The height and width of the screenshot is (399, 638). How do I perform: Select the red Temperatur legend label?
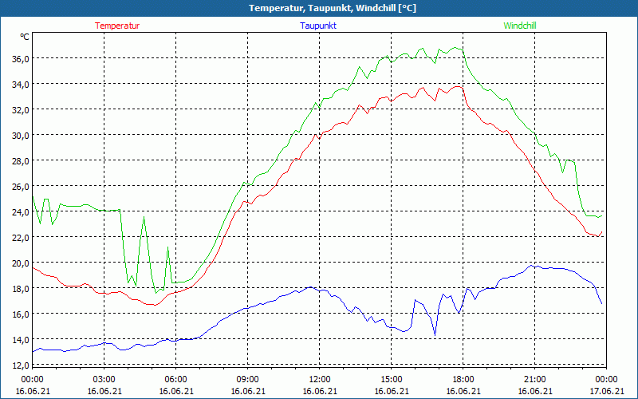pos(117,26)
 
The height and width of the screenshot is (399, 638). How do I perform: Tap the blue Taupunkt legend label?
pos(318,26)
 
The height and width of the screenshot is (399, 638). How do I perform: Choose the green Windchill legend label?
pos(519,26)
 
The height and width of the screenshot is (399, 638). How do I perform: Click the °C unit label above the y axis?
pos(26,37)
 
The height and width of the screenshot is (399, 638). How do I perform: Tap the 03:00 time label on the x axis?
pos(104,379)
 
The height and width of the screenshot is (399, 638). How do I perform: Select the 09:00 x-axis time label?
pos(247,379)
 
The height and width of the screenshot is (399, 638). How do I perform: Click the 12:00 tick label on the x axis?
pos(319,379)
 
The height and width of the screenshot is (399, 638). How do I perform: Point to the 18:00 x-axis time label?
pos(463,379)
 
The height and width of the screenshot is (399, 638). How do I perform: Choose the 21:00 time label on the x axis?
pos(534,379)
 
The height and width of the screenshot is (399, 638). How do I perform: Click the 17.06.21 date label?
pos(606,391)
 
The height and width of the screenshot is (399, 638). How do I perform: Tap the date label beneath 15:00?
pos(391,391)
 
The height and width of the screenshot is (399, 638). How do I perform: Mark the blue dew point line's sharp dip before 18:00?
pos(435,334)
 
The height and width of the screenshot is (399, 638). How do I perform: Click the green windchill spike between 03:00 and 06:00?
pos(144,216)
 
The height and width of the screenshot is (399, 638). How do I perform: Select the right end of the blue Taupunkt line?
pos(601,303)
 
